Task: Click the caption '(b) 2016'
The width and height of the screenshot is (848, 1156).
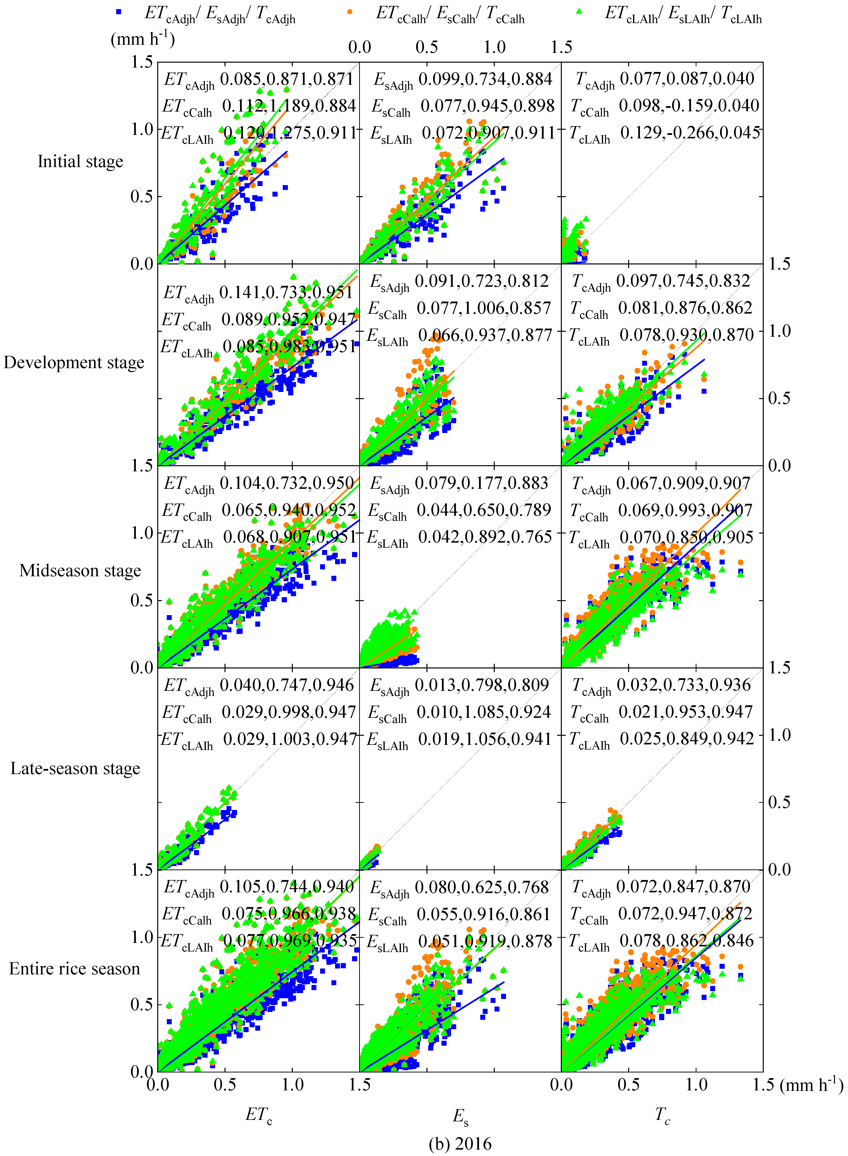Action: [x=460, y=1143]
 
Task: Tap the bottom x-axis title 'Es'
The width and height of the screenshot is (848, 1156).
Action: [x=460, y=1115]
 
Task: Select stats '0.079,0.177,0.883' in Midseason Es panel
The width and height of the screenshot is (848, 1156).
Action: [x=481, y=483]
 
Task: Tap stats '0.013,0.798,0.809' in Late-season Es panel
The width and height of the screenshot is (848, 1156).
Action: [x=481, y=685]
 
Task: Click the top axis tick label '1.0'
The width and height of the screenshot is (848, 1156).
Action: [x=494, y=47]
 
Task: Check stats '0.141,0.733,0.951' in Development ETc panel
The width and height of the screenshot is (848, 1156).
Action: [x=286, y=293]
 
